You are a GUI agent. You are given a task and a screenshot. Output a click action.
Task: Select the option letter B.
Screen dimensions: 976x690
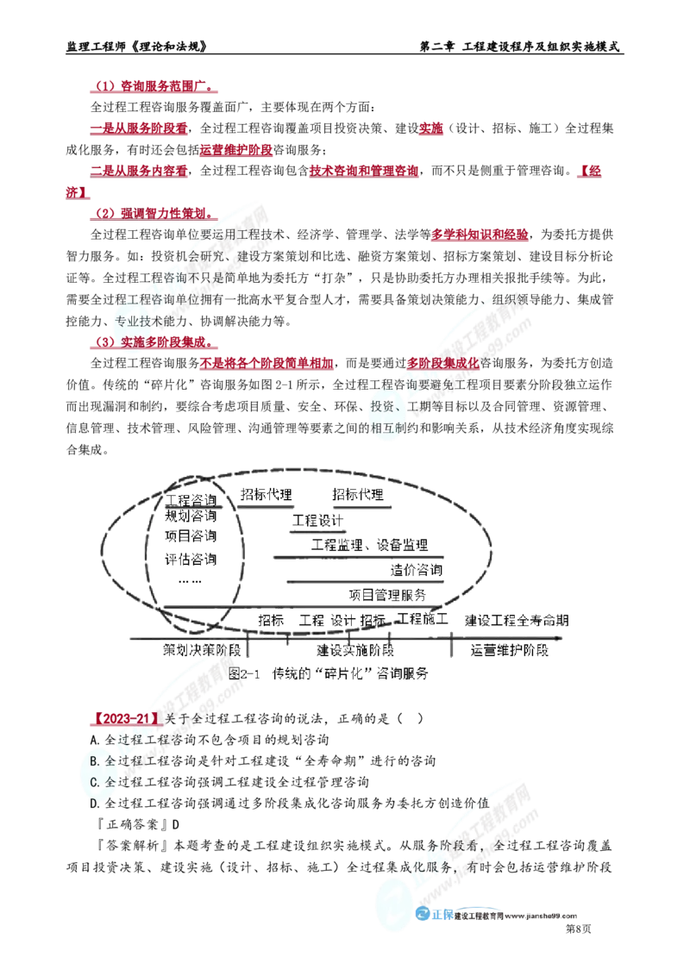(x=95, y=761)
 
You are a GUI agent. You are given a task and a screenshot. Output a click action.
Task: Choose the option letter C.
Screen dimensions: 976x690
(x=95, y=782)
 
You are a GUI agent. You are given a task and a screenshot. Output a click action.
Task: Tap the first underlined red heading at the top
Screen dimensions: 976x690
(x=151, y=88)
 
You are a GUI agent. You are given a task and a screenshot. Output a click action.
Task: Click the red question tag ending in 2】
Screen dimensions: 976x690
(x=125, y=718)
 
